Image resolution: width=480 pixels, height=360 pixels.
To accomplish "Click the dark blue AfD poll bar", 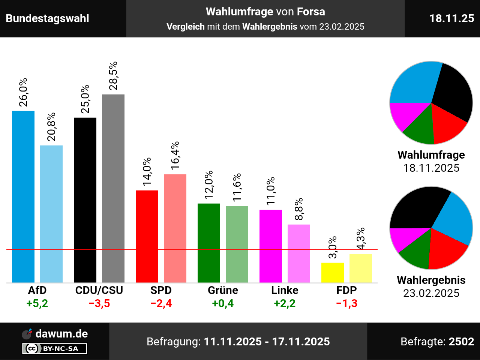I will point(23,196).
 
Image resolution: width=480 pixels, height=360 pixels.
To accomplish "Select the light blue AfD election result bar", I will point(51,214).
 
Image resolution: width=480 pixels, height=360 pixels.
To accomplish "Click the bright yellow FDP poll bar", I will point(333,273).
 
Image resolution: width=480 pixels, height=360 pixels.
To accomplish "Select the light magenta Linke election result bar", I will point(299,253).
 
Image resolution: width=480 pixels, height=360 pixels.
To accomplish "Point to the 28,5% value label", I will point(113,76).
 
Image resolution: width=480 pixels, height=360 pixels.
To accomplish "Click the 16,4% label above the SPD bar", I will point(175,155).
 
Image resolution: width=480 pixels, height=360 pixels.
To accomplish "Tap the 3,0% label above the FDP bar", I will point(333,247).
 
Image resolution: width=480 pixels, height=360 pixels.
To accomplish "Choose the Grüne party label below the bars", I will point(223,290).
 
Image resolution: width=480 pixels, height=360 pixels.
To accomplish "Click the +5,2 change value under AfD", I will point(37,303).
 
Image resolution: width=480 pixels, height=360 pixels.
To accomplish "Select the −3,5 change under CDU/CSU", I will point(99,303).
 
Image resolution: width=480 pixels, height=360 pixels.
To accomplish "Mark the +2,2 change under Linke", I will point(285,303).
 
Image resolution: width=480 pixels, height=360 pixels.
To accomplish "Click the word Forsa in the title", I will point(311,12).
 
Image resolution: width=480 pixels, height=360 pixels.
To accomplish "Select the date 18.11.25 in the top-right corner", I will point(451,18).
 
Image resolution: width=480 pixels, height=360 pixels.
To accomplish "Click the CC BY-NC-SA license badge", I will point(54,349).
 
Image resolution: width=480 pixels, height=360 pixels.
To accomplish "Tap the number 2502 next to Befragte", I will point(461,342).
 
